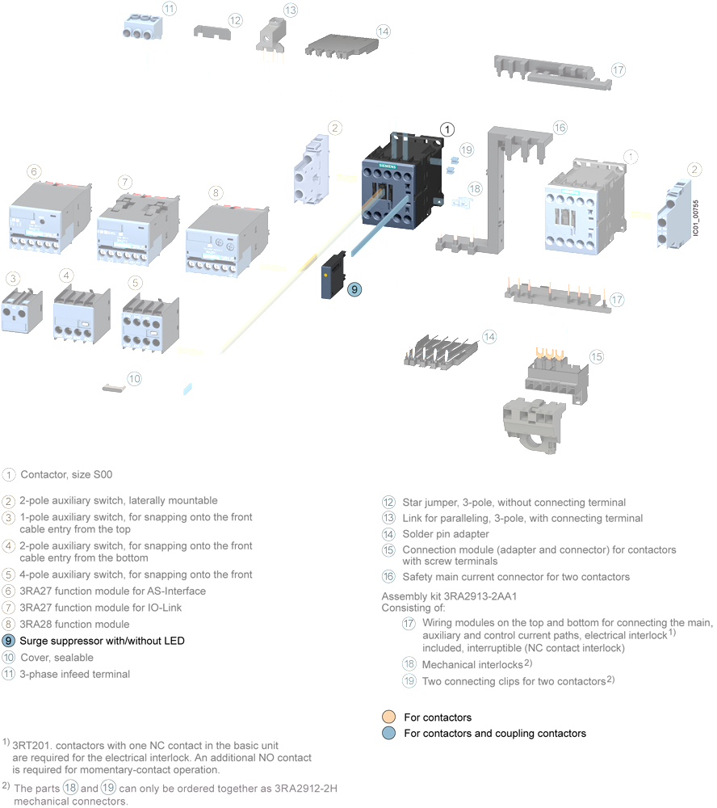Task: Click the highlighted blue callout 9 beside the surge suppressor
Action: pos(354,289)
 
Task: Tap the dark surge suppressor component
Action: pos(333,276)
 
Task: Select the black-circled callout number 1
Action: pos(447,129)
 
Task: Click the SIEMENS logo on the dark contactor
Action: pos(388,166)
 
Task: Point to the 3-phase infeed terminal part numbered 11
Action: pos(143,27)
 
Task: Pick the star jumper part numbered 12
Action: pos(212,32)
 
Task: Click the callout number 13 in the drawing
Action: pos(291,10)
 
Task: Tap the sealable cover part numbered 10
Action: pos(114,388)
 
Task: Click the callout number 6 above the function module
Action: pos(34,171)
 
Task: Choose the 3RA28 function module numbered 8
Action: pos(227,241)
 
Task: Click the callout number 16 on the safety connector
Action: pos(560,128)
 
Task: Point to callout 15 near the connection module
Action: pos(597,356)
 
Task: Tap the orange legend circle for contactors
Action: pos(389,717)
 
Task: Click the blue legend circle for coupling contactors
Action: pos(389,733)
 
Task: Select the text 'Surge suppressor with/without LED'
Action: pos(102,641)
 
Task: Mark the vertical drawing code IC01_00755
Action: pos(695,218)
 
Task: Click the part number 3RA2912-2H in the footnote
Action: pos(306,789)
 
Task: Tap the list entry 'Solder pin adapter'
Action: pos(446,534)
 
